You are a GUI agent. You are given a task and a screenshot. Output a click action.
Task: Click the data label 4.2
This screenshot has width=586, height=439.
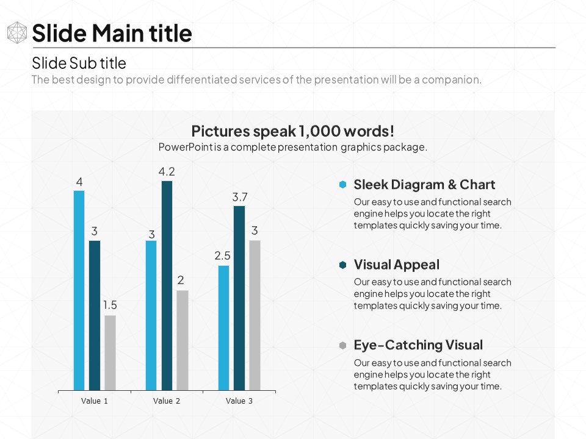(x=167, y=172)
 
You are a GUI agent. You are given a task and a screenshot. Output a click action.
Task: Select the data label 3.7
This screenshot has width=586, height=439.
(x=239, y=197)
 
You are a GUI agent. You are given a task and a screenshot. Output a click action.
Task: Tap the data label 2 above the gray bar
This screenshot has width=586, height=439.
(x=181, y=280)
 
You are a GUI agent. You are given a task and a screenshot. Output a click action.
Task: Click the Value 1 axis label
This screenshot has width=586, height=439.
(x=95, y=401)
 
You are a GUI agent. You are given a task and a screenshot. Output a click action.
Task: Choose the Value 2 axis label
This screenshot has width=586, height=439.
(x=167, y=401)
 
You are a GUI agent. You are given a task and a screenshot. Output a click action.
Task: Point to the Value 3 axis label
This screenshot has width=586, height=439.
(x=239, y=401)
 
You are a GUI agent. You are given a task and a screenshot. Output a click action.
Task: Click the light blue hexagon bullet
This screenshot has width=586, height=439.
(x=343, y=185)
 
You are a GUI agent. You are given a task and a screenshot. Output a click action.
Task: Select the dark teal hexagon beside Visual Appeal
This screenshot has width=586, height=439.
(x=343, y=265)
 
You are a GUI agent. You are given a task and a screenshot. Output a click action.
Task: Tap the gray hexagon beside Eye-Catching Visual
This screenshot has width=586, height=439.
(x=343, y=346)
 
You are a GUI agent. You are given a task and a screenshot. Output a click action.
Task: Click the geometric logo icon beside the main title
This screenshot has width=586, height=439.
(x=17, y=33)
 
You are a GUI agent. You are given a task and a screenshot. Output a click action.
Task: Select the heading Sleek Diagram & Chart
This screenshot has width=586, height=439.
(x=424, y=185)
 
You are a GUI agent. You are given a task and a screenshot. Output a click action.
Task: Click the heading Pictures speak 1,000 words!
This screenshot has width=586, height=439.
(x=293, y=131)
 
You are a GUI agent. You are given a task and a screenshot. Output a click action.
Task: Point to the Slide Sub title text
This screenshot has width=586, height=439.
(x=79, y=63)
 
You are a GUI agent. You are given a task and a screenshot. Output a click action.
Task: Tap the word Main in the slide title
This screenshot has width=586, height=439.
(x=120, y=34)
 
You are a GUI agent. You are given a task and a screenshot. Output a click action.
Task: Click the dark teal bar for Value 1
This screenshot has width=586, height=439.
(x=95, y=315)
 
